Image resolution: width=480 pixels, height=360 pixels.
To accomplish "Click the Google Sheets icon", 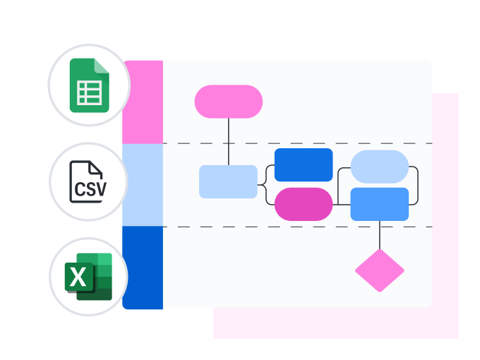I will (89, 85).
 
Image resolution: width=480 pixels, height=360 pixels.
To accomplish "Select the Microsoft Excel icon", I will (89, 276).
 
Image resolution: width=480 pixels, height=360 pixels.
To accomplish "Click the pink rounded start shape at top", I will (228, 102).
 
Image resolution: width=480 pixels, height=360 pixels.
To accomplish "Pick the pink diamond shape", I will (380, 270).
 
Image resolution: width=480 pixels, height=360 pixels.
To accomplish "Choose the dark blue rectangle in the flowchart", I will (304, 164).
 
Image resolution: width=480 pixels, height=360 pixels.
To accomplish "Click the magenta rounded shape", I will (304, 205).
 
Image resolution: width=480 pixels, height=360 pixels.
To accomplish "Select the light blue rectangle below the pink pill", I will (228, 181).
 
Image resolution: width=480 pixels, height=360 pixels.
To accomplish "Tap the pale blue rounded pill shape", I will (380, 167).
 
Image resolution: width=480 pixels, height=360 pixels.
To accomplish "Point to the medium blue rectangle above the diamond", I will (380, 205).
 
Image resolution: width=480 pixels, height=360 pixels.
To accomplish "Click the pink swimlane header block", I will (143, 102).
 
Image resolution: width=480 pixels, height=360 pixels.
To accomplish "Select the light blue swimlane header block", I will (143, 185).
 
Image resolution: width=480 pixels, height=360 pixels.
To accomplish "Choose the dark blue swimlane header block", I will (143, 268).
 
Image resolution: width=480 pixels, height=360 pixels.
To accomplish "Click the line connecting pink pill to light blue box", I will (228, 141).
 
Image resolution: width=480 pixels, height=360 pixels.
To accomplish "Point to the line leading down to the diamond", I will (380, 234).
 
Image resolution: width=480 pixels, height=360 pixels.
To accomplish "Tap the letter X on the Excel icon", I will (78, 277).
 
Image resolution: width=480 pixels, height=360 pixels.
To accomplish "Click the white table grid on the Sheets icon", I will (89, 93).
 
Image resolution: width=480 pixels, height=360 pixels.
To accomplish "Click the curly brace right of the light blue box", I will (266, 184).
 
